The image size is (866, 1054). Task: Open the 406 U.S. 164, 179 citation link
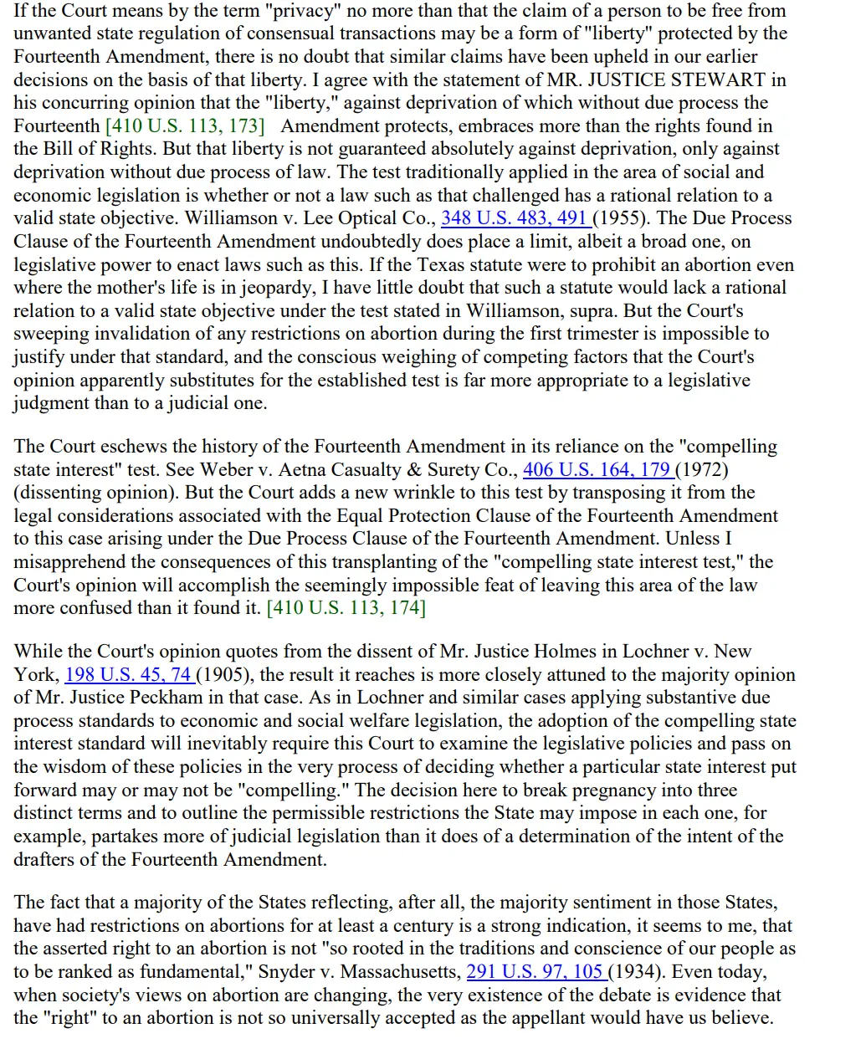click(x=597, y=470)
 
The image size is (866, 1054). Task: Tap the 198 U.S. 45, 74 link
click(x=128, y=675)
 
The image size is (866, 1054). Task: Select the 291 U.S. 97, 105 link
click(x=535, y=972)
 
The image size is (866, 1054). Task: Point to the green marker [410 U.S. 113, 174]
click(x=346, y=608)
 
